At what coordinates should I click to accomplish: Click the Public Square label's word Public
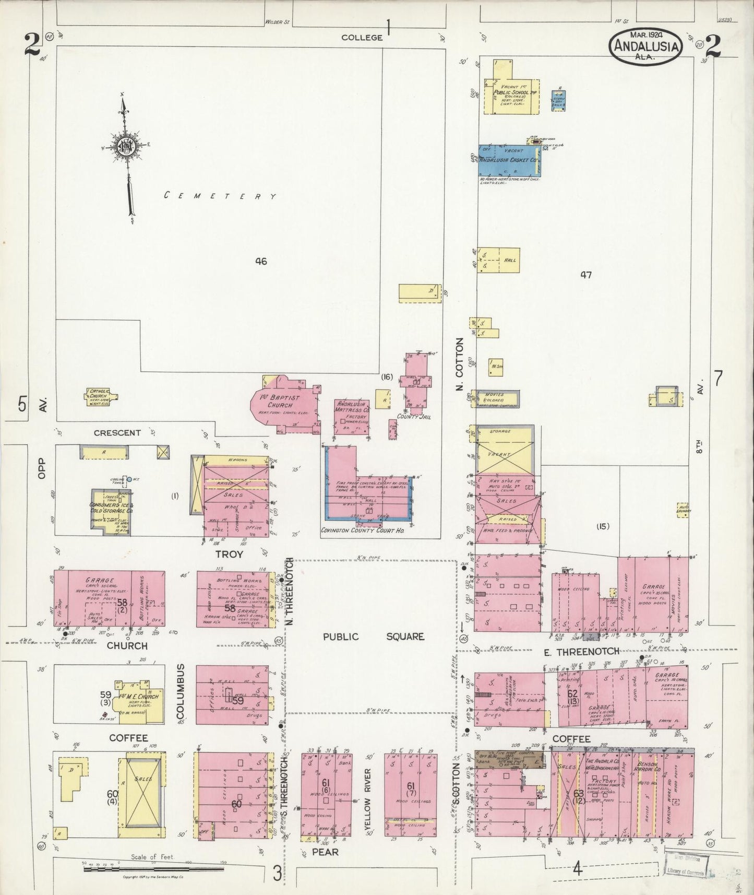click(340, 637)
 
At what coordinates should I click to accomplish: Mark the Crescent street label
click(117, 432)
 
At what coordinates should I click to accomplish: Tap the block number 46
click(260, 261)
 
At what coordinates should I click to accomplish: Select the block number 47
click(586, 275)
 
